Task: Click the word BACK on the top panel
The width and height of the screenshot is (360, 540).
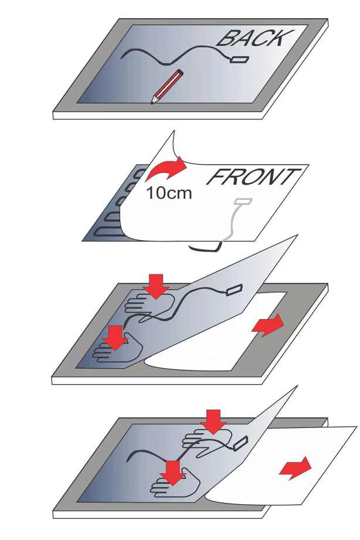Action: coord(255,38)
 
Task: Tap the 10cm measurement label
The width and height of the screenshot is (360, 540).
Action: coord(169,193)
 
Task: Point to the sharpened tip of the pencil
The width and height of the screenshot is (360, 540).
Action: coord(152,102)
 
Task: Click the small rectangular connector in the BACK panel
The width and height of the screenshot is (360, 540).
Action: coord(240,60)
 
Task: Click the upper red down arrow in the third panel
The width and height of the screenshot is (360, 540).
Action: coord(157,286)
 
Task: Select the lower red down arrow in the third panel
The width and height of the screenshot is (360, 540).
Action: coord(116,338)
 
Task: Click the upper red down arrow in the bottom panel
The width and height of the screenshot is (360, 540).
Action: coord(213,422)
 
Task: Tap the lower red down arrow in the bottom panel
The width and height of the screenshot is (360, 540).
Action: coord(173,473)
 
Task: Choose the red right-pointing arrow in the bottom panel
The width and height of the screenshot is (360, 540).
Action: coord(295,468)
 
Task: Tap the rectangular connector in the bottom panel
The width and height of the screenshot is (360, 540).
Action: coord(240,444)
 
